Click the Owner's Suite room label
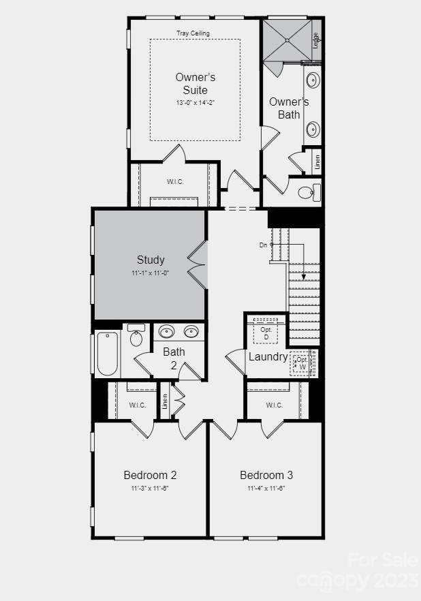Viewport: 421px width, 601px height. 196,84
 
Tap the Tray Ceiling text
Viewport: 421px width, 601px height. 193,33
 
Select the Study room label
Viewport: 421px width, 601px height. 151,260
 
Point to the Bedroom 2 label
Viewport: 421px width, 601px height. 150,475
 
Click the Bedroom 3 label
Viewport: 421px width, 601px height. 266,475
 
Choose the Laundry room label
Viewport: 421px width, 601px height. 268,356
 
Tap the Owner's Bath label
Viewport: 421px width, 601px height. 289,108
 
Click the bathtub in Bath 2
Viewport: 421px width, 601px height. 108,353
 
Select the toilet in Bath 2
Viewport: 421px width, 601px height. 136,336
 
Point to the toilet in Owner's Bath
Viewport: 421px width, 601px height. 307,192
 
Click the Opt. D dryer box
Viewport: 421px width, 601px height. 266,333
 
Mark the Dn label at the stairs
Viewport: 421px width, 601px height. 264,245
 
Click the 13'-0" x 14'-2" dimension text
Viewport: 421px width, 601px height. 196,102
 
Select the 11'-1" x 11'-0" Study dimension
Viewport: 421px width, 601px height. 151,273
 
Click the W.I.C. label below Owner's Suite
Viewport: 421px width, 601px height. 175,181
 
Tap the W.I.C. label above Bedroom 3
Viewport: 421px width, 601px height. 274,405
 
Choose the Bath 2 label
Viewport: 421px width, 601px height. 174,358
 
